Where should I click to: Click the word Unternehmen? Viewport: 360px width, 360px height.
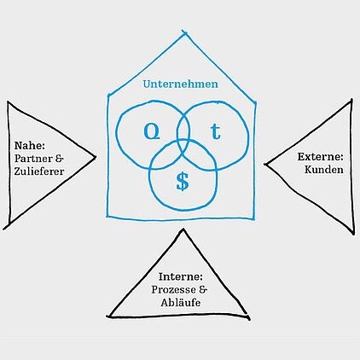pyautogui.click(x=181, y=84)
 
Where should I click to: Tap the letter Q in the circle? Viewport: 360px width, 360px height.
pyautogui.click(x=152, y=131)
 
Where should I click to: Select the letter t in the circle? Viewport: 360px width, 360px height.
pyautogui.click(x=216, y=131)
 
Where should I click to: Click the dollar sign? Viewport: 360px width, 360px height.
pyautogui.click(x=183, y=182)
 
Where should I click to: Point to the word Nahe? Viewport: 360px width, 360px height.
pyautogui.click(x=30, y=146)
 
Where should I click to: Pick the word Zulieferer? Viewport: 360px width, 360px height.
pyautogui.click(x=39, y=171)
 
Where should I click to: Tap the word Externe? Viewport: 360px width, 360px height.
pyautogui.click(x=321, y=157)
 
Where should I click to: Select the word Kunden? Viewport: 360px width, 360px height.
pyautogui.click(x=324, y=170)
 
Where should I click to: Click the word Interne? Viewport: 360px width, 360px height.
pyautogui.click(x=181, y=276)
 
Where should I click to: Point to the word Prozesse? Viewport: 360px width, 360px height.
pyautogui.click(x=173, y=290)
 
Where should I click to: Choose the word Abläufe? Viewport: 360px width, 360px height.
pyautogui.click(x=181, y=303)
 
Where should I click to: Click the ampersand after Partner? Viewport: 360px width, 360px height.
pyautogui.click(x=59, y=159)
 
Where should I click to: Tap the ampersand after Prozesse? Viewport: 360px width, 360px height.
pyautogui.click(x=203, y=290)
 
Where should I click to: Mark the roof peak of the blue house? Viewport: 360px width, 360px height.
pyautogui.click(x=184, y=32)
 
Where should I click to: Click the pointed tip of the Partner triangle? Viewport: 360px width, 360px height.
pyautogui.click(x=95, y=156)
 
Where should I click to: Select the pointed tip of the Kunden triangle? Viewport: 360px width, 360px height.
pyautogui.click(x=265, y=164)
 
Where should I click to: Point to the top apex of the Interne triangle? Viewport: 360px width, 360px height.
pyautogui.click(x=183, y=229)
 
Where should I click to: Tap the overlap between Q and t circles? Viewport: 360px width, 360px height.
pyautogui.click(x=183, y=128)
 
